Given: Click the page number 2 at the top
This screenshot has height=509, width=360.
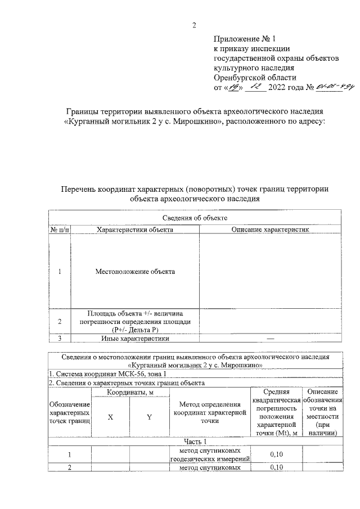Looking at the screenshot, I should point(194,25).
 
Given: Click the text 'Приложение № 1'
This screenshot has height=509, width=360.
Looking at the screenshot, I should point(245,39).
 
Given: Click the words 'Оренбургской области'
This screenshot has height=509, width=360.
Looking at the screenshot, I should point(255,78).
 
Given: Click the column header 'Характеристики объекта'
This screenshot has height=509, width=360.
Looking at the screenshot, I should point(134,229).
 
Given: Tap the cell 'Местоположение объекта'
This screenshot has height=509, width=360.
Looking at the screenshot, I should point(134,272).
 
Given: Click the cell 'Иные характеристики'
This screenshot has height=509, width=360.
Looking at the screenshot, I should point(134,339).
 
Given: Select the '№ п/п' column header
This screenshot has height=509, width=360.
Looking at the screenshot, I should point(60,229).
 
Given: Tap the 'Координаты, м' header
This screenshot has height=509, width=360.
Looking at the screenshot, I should point(130,391).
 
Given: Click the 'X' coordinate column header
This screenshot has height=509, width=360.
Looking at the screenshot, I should point(110,417).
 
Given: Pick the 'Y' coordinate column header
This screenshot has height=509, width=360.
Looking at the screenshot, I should point(150,417).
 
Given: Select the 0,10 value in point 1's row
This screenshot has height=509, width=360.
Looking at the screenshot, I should point(276,454).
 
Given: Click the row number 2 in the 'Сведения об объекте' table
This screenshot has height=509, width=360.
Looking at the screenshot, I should point(60,321).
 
